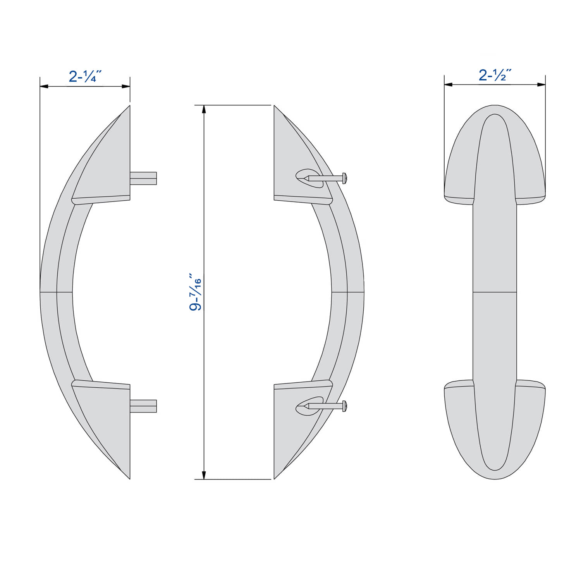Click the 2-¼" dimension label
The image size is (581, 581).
[85, 76]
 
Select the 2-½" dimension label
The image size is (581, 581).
[495, 75]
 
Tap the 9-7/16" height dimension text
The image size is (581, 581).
[196, 292]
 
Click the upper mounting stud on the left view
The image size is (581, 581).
[143, 178]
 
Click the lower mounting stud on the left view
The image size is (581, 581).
[143, 406]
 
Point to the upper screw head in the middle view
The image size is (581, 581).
[344, 178]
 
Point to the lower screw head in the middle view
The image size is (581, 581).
[344, 406]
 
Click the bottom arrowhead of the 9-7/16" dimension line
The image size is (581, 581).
[204, 475]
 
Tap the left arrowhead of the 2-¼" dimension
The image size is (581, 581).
[44, 86]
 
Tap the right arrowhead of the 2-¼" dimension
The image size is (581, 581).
[126, 86]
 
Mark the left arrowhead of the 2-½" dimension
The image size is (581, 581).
[448, 84]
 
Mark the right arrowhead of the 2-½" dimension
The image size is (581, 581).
[541, 84]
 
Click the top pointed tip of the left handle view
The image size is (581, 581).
[129, 107]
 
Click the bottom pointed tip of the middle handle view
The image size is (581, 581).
[275, 478]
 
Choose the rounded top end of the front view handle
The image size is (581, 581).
[495, 110]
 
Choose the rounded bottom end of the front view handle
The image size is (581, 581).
[495, 474]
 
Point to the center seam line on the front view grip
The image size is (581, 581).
[495, 292]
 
